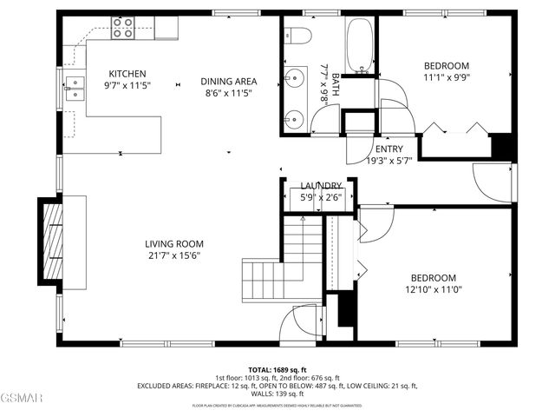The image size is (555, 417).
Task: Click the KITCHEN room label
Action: [x=127, y=74]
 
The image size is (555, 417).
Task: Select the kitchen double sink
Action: [x=76, y=85]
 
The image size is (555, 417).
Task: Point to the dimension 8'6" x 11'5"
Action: [x=228, y=93]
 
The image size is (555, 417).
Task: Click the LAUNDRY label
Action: [x=321, y=186]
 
